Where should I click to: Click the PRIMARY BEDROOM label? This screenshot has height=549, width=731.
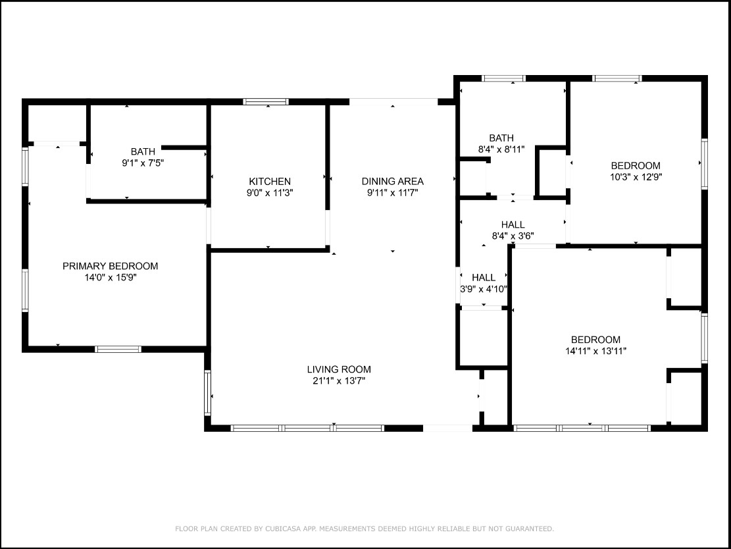pos(110,266)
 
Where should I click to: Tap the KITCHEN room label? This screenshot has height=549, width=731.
pos(270,182)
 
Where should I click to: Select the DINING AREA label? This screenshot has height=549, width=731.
pos(393,181)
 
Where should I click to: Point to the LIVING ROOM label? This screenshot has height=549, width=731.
pos(339,369)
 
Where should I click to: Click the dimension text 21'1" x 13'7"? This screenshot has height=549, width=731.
pos(339,381)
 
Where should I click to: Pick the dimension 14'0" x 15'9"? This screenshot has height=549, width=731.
pos(110,278)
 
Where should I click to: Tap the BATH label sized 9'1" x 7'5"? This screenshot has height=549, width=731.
pos(143,151)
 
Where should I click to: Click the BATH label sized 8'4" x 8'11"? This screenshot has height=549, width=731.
pos(501,138)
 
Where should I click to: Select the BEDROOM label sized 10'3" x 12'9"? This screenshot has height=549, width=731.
pos(636,166)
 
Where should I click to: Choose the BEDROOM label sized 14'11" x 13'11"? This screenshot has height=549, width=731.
pos(596,340)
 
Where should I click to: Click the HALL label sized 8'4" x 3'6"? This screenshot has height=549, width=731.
pos(513,225)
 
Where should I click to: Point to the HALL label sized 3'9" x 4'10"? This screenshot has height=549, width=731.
pos(484,278)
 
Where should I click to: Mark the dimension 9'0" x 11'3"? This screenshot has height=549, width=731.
pos(270,193)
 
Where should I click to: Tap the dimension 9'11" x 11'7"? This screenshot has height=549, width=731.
pos(393,193)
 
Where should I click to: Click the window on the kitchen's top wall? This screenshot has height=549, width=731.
pos(266,101)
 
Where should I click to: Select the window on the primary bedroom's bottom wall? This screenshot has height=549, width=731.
pos(118,349)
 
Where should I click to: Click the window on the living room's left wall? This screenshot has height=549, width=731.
pos(207,393)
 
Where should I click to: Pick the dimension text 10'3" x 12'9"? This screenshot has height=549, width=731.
pos(636,177)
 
